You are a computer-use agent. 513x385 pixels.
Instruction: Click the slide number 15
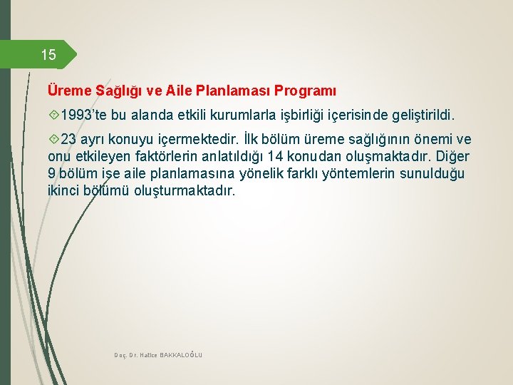(48, 55)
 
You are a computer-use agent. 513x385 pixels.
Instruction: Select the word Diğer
(452, 156)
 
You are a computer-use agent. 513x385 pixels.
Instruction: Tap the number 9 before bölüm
(52, 174)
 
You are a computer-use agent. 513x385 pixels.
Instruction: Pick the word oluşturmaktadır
(183, 191)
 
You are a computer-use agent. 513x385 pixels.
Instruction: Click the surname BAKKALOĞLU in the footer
(181, 354)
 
